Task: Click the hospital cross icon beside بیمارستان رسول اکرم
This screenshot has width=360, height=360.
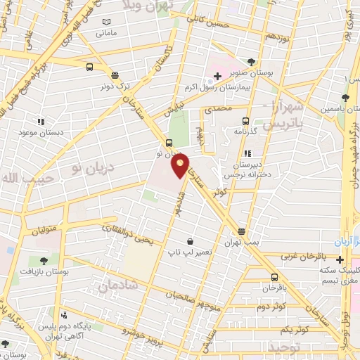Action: [x=218, y=75]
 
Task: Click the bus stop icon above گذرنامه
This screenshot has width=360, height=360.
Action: [x=245, y=120]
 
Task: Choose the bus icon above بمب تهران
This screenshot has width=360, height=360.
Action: [x=242, y=231]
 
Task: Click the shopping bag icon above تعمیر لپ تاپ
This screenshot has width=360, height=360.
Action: [x=188, y=239]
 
